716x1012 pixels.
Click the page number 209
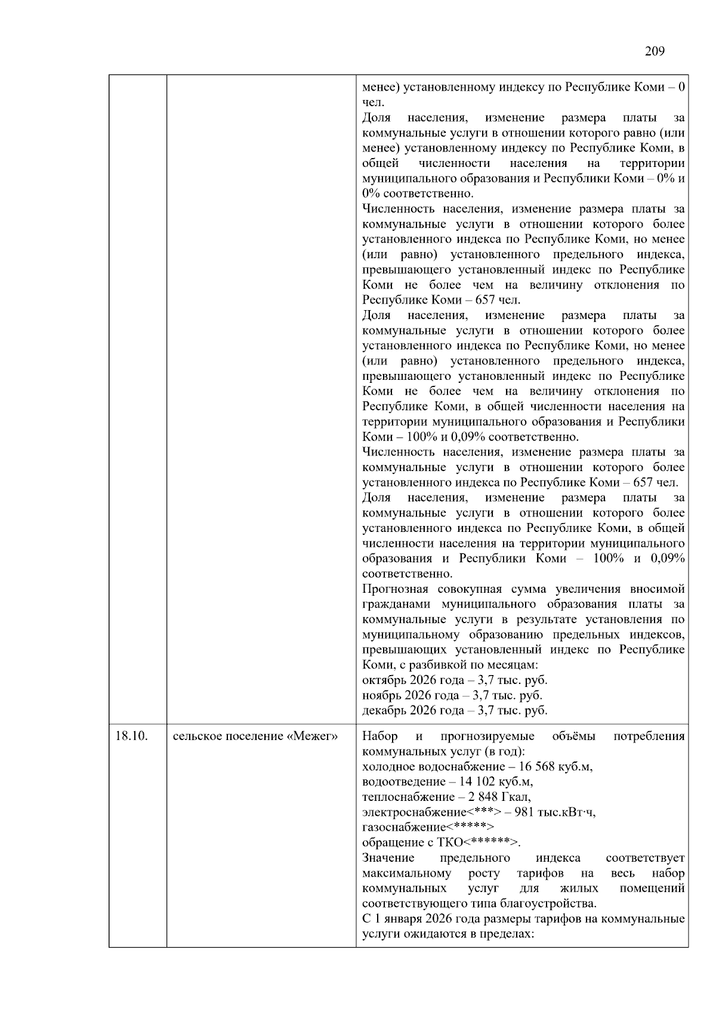pos(655,51)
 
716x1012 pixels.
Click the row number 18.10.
pos(131,736)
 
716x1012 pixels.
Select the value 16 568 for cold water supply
pos(530,766)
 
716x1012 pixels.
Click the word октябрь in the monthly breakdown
pos(384,680)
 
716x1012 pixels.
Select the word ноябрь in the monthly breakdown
pos(382,695)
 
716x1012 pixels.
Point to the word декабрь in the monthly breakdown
pos(384,711)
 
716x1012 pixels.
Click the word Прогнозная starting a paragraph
pos(395,589)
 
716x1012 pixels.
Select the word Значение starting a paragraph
pos(388,858)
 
